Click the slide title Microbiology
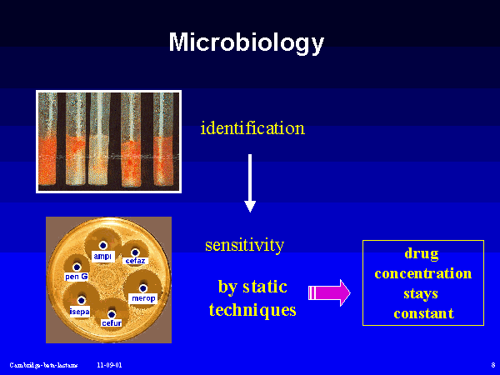(247, 42)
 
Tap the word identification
(252, 128)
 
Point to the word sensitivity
(245, 245)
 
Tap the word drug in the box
(422, 253)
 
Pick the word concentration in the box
(422, 273)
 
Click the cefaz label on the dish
(135, 262)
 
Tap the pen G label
(77, 276)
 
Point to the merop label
(143, 298)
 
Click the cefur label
(111, 322)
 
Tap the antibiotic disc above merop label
(142, 288)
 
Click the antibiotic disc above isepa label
(81, 300)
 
